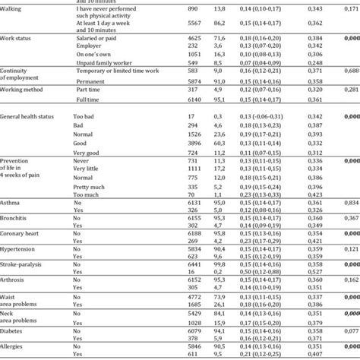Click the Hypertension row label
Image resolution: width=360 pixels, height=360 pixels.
pos(21,268)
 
